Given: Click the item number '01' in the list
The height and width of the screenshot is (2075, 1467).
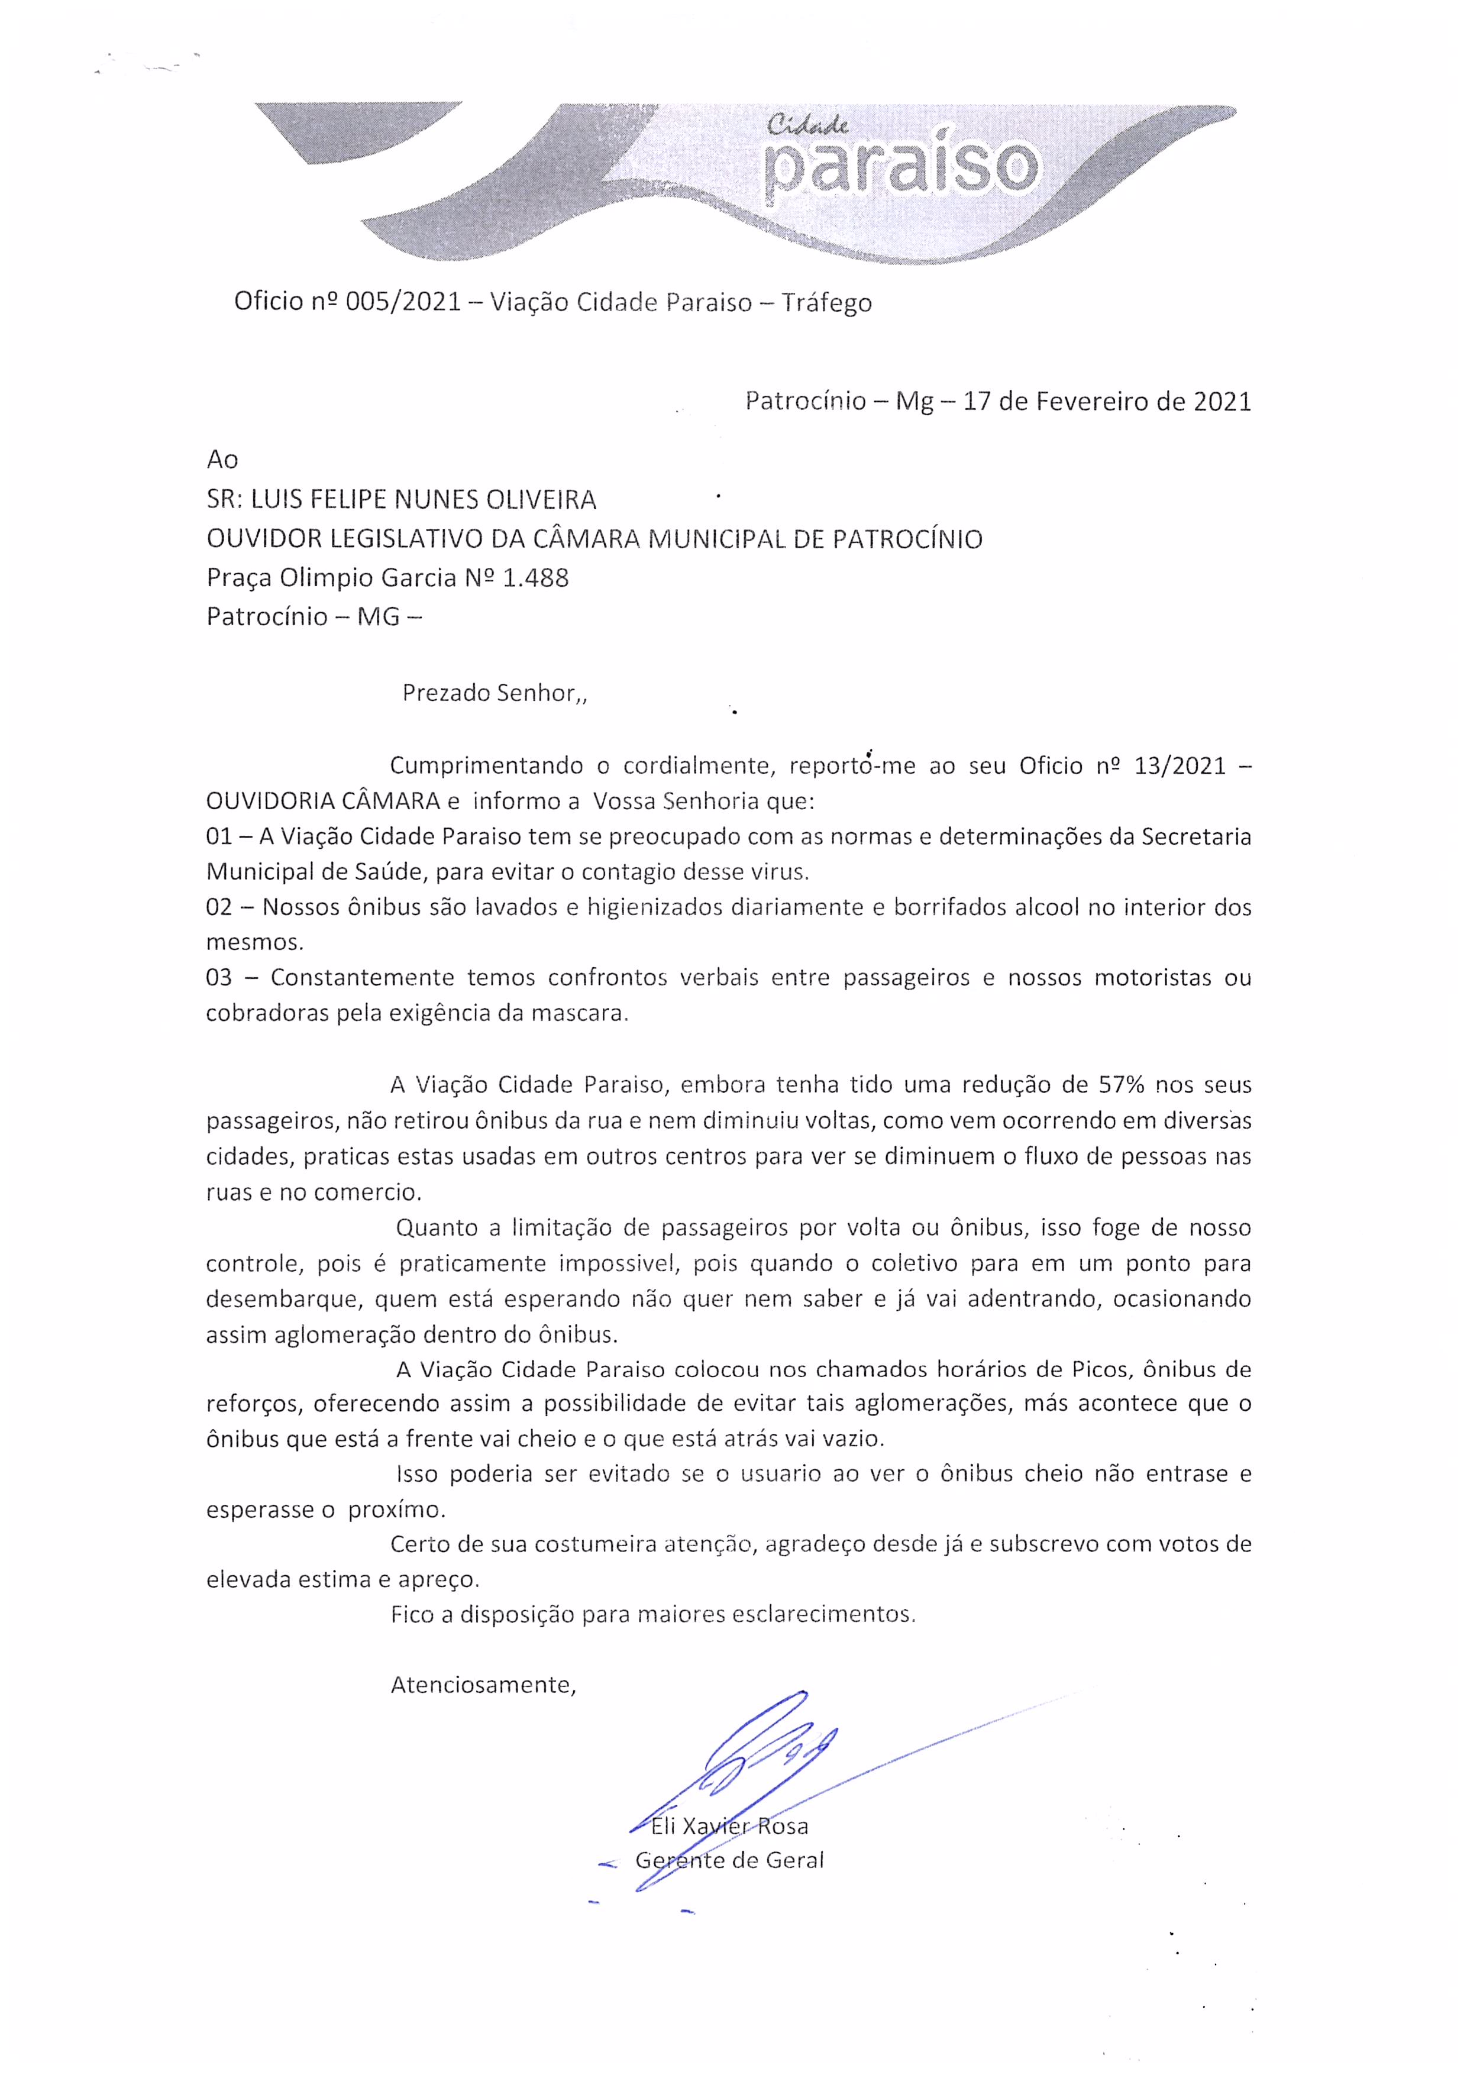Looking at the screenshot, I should tap(219, 837).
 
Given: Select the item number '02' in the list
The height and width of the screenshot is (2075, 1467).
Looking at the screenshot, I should tap(219, 907).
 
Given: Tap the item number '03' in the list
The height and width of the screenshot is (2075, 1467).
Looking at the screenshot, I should tap(219, 978).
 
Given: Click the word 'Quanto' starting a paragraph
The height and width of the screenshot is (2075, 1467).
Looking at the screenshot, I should tap(437, 1227).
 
